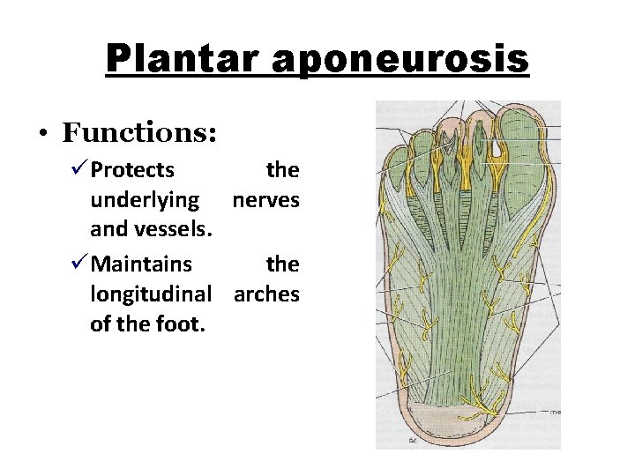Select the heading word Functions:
click(x=140, y=133)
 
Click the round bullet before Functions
click(x=42, y=135)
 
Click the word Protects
click(x=132, y=169)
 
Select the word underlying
click(x=145, y=200)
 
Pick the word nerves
click(x=265, y=200)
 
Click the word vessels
click(x=180, y=231)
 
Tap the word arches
click(x=266, y=294)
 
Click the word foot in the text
click(x=183, y=324)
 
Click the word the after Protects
click(x=282, y=169)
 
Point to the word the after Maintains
click(x=282, y=264)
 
